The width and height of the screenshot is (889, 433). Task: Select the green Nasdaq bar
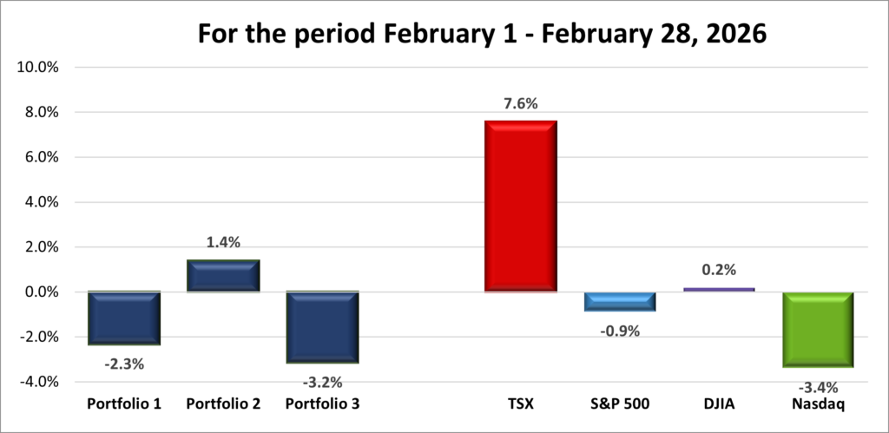[819, 330]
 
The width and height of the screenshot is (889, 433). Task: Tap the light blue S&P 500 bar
[619, 301]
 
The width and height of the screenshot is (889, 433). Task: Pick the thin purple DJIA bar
[719, 289]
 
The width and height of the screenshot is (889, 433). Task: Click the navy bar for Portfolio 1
[123, 318]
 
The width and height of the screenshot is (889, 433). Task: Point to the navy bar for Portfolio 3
[322, 327]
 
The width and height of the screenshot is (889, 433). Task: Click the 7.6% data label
[520, 104]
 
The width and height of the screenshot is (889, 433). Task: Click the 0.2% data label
[719, 271]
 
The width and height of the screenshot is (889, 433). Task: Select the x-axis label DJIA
[719, 403]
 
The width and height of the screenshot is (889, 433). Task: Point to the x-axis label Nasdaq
[819, 403]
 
